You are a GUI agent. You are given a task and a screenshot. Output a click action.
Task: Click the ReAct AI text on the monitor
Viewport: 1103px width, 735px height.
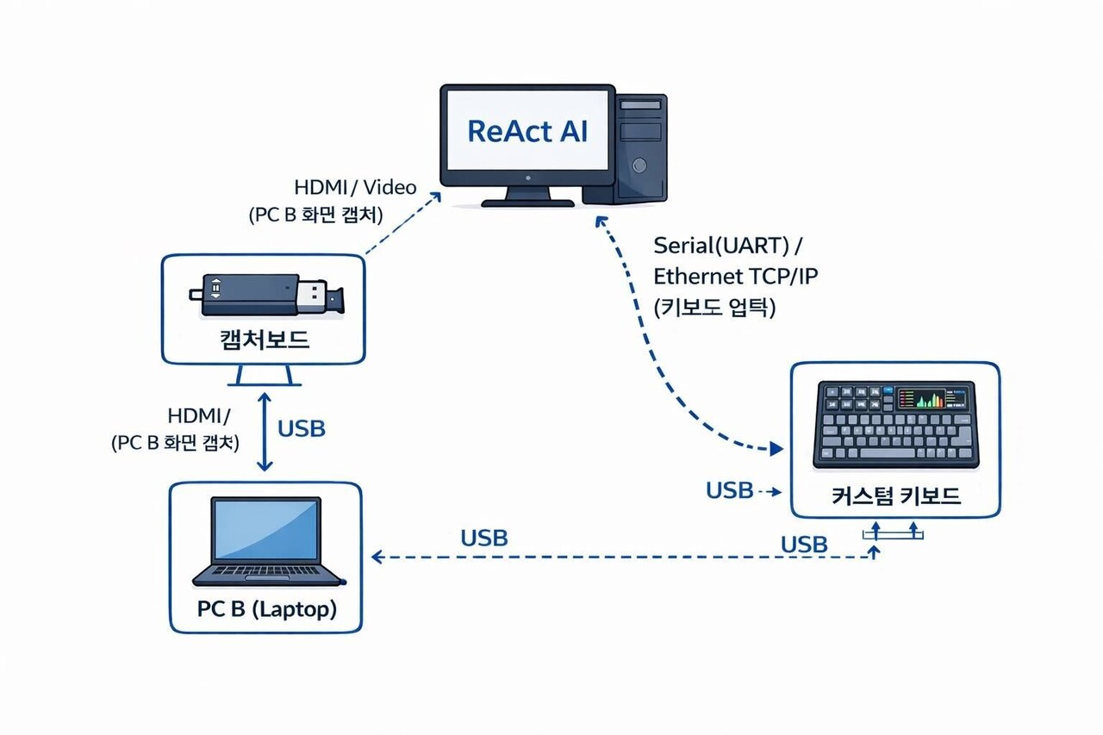(x=527, y=131)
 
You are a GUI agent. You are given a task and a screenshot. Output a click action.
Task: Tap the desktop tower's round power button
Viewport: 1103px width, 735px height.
(x=639, y=165)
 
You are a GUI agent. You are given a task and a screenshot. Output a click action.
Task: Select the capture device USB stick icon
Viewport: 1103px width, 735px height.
(x=266, y=295)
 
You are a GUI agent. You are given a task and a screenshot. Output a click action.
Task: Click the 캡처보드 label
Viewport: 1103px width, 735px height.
(x=264, y=339)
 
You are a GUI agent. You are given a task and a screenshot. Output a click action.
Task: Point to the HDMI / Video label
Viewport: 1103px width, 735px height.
(x=355, y=187)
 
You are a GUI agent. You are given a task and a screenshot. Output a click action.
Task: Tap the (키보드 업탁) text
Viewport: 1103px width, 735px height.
(x=714, y=307)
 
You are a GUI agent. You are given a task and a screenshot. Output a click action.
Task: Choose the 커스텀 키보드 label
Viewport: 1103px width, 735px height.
(x=896, y=496)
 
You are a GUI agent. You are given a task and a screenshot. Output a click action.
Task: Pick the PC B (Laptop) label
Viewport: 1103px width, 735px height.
(x=266, y=609)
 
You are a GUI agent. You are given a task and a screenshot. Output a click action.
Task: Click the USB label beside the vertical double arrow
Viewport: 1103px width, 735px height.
(x=302, y=428)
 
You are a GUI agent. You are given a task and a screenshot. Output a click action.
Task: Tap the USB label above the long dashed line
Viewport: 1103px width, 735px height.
(x=484, y=539)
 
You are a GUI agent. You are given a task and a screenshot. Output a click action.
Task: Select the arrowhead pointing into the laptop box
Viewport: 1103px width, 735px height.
(x=377, y=557)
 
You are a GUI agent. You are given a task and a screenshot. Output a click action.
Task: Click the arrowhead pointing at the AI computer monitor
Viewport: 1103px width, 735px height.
(x=437, y=196)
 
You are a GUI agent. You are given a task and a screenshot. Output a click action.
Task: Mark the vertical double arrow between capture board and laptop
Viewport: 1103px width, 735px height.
(x=265, y=432)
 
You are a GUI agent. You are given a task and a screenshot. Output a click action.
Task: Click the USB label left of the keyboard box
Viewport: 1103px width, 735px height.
(x=729, y=490)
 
